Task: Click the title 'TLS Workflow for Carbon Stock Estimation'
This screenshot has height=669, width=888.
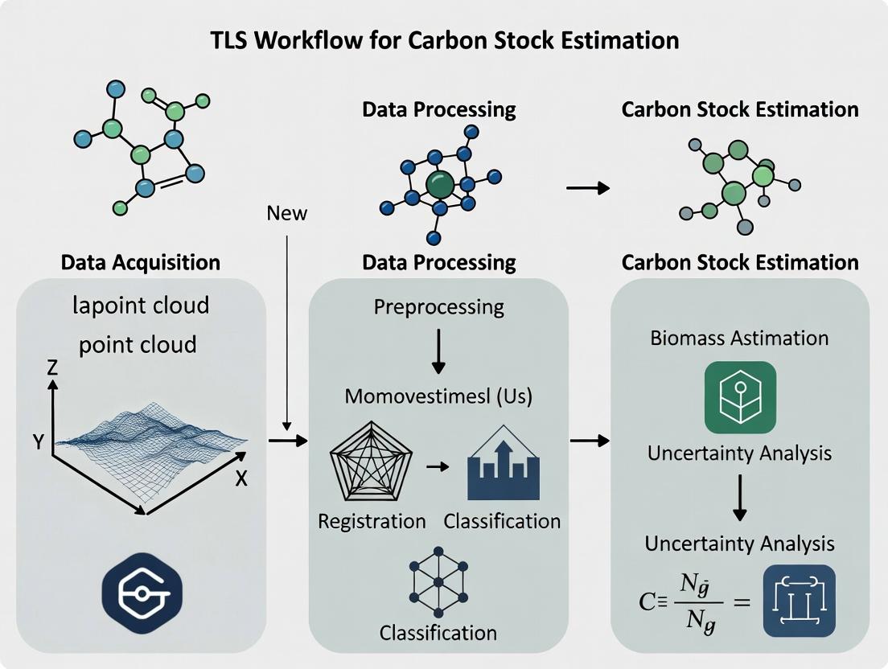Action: pyautogui.click(x=443, y=39)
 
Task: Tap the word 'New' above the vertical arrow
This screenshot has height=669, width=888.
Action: pyautogui.click(x=286, y=213)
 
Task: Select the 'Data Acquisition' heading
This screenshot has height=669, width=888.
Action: pyautogui.click(x=141, y=262)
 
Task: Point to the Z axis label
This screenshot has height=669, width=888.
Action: pyautogui.click(x=53, y=368)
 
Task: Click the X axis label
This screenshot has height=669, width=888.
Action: pyautogui.click(x=240, y=478)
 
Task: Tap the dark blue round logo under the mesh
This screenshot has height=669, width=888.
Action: pyautogui.click(x=142, y=593)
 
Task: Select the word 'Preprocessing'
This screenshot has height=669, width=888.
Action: pyautogui.click(x=438, y=307)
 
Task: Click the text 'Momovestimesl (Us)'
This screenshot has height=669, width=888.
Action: pyautogui.click(x=438, y=396)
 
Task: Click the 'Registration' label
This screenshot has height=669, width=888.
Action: pyautogui.click(x=372, y=521)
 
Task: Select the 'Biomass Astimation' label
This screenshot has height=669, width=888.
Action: pyautogui.click(x=739, y=337)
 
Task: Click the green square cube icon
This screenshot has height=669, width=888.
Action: pyautogui.click(x=739, y=397)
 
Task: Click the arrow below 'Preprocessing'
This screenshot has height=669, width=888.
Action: pyautogui.click(x=438, y=351)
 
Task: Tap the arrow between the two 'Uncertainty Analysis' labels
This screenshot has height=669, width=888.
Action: pyautogui.click(x=740, y=499)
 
